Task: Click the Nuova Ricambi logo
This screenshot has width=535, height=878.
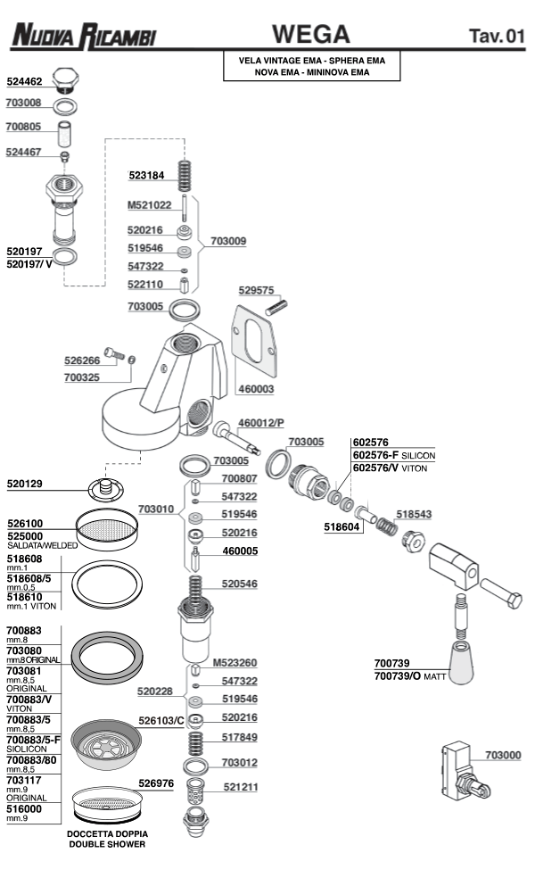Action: coord(82,36)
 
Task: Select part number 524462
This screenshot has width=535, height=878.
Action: coord(24,81)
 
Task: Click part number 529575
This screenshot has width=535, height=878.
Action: coord(256,290)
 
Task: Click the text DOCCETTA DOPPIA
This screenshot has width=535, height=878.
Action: coord(106,833)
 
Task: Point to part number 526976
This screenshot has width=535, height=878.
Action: coord(155,783)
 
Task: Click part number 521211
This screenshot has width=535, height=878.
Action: coord(240,787)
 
